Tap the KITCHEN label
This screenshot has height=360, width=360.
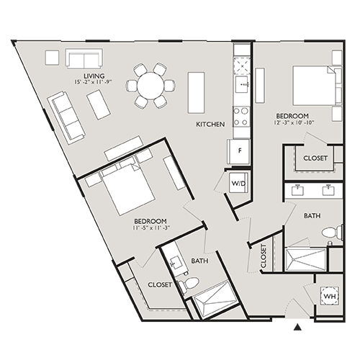coord(210,125)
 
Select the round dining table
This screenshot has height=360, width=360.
coord(151,85)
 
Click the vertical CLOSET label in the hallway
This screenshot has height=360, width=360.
coord(264,257)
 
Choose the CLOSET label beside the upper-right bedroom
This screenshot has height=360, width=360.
coord(315,158)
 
